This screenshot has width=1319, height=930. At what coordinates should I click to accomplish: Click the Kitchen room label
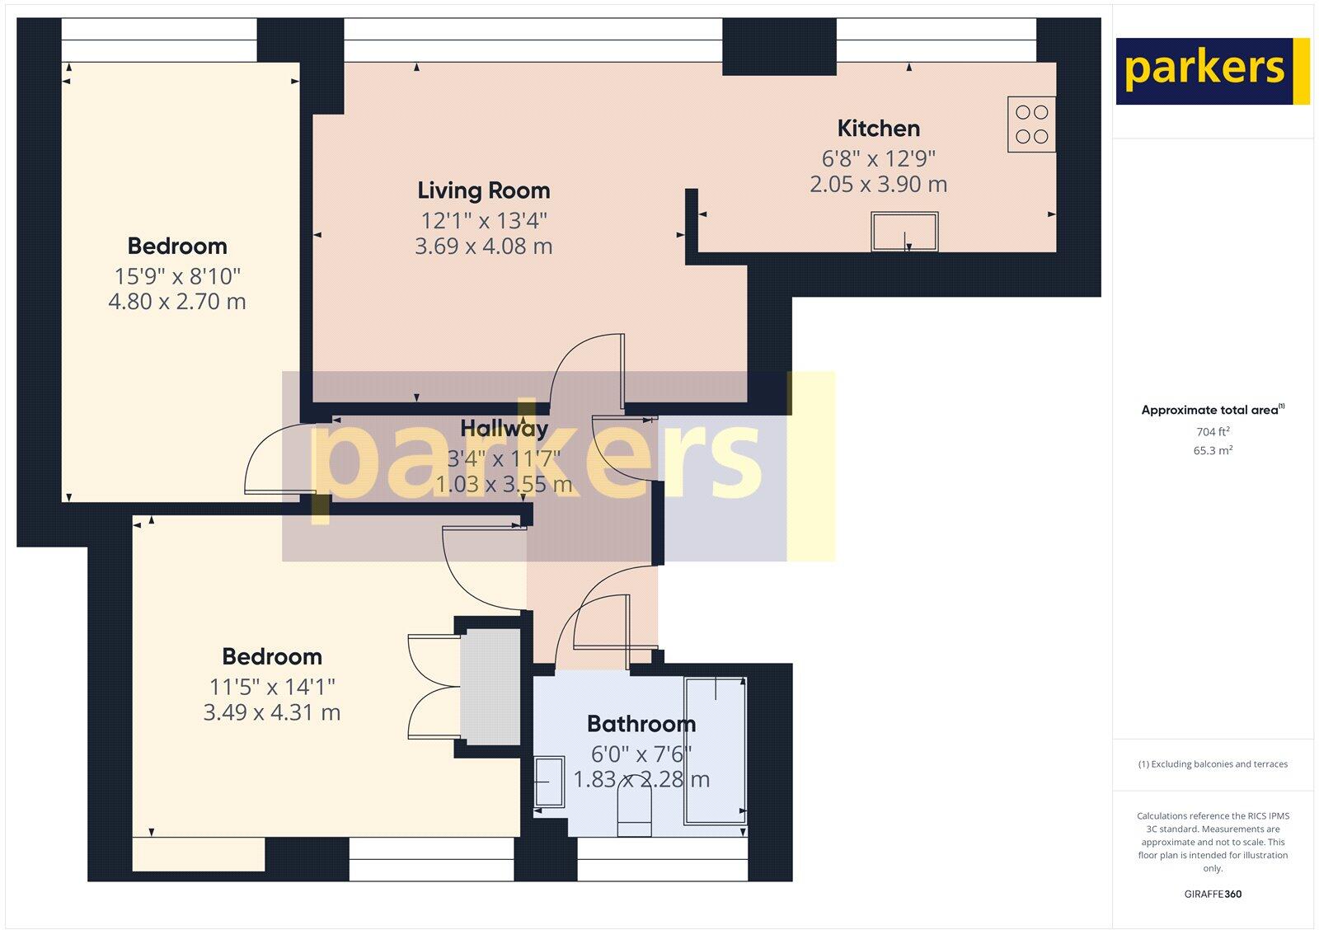[x=878, y=129]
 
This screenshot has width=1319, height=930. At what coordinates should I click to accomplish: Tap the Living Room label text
[x=483, y=190]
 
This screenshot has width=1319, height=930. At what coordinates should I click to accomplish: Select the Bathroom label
[x=641, y=724]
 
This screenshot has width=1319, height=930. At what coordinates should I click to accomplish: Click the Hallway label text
[x=504, y=429]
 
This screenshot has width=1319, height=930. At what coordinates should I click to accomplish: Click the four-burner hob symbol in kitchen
[x=1031, y=124]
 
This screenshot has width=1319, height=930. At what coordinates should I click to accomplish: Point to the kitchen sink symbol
[x=904, y=232]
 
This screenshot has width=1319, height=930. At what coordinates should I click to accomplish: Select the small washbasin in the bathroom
[x=548, y=782]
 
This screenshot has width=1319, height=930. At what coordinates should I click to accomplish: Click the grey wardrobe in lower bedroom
[x=490, y=688]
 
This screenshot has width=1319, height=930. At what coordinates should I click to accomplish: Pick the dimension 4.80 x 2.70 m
[x=177, y=302]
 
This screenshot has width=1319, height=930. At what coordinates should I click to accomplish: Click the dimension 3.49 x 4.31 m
[x=271, y=712]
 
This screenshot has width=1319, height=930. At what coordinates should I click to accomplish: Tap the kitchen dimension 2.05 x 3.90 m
[x=878, y=184]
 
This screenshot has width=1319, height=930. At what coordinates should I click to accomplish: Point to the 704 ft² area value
[x=1212, y=431]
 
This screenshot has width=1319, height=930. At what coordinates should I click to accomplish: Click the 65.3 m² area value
[x=1212, y=450]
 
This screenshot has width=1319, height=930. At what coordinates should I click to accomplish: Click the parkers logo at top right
[x=1212, y=71]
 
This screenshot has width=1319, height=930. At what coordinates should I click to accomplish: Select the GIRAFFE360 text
[x=1212, y=894]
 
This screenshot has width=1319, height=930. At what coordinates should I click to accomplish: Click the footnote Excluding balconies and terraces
[x=1212, y=764]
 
